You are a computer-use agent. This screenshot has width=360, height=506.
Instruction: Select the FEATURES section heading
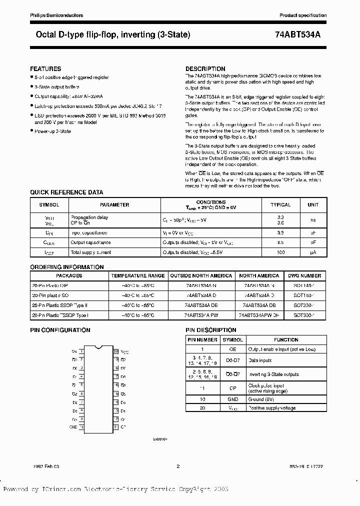coord(45,68)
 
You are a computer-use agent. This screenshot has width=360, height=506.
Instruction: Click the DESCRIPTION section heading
coord(205,68)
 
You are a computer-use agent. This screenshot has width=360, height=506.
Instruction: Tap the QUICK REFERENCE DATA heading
coord(66,192)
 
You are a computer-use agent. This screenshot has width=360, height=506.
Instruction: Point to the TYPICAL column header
coord(280,205)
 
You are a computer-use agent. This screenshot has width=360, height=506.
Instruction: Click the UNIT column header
coord(313,205)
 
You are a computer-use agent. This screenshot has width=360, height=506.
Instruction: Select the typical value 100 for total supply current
coord(280,252)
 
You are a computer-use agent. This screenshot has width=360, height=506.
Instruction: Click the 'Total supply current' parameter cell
coord(91,252)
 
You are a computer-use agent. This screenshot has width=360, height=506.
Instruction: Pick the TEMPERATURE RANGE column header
coord(138,275)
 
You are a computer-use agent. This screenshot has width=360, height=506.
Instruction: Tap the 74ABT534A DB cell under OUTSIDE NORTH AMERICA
coord(201,305)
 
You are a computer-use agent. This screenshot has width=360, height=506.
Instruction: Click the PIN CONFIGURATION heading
coord(60,330)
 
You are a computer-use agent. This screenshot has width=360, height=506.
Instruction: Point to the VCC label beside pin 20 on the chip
coord(123,352)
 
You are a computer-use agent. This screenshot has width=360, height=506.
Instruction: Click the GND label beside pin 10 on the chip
coord(73,426)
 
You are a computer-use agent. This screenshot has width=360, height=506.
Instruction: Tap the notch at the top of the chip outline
coord(98,346)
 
